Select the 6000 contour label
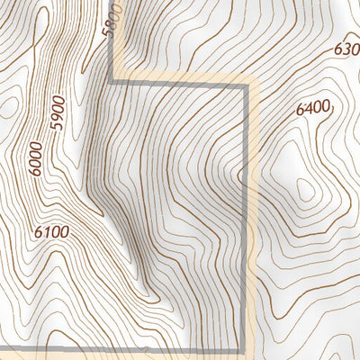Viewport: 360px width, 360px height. click(36, 159)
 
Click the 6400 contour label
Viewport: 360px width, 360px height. click(312, 109)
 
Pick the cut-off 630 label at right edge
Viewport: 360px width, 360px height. click(346, 49)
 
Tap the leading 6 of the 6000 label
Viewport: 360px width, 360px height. click(35, 171)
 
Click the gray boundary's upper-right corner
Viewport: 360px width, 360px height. click(245, 88)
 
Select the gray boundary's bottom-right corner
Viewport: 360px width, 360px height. click(244, 348)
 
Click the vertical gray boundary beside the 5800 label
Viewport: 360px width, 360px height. click(112, 54)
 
